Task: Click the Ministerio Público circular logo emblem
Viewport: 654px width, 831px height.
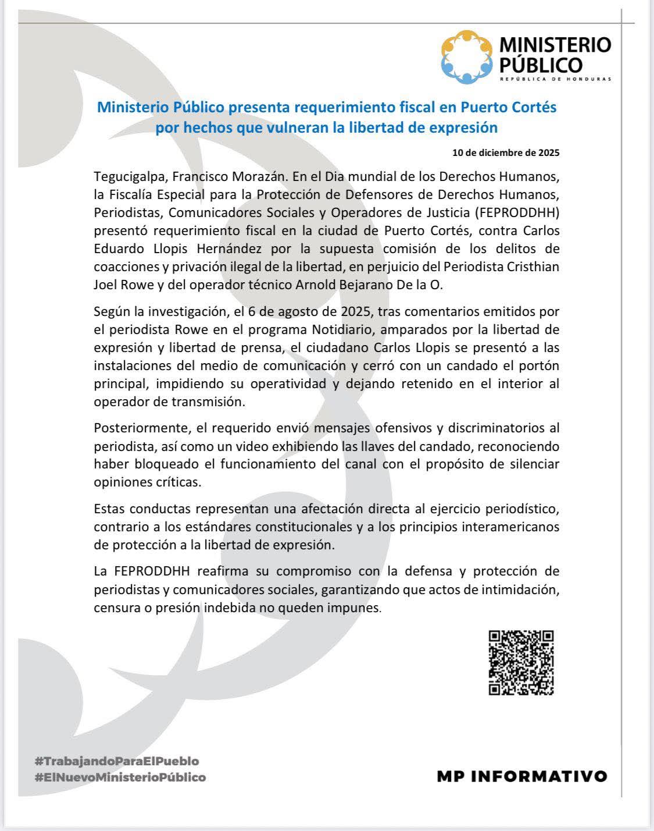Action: pyautogui.click(x=467, y=56)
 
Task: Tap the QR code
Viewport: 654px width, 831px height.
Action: pyautogui.click(x=521, y=663)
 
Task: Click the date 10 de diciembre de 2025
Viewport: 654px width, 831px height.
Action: pyautogui.click(x=506, y=153)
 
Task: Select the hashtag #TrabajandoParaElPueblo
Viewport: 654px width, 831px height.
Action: pyautogui.click(x=117, y=761)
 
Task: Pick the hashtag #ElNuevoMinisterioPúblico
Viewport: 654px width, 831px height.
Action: pyautogui.click(x=120, y=777)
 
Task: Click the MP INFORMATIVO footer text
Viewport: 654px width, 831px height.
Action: pyautogui.click(x=521, y=776)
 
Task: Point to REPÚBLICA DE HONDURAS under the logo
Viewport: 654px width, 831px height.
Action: pyautogui.click(x=556, y=79)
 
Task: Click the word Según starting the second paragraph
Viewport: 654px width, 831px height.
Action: pyautogui.click(x=112, y=311)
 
